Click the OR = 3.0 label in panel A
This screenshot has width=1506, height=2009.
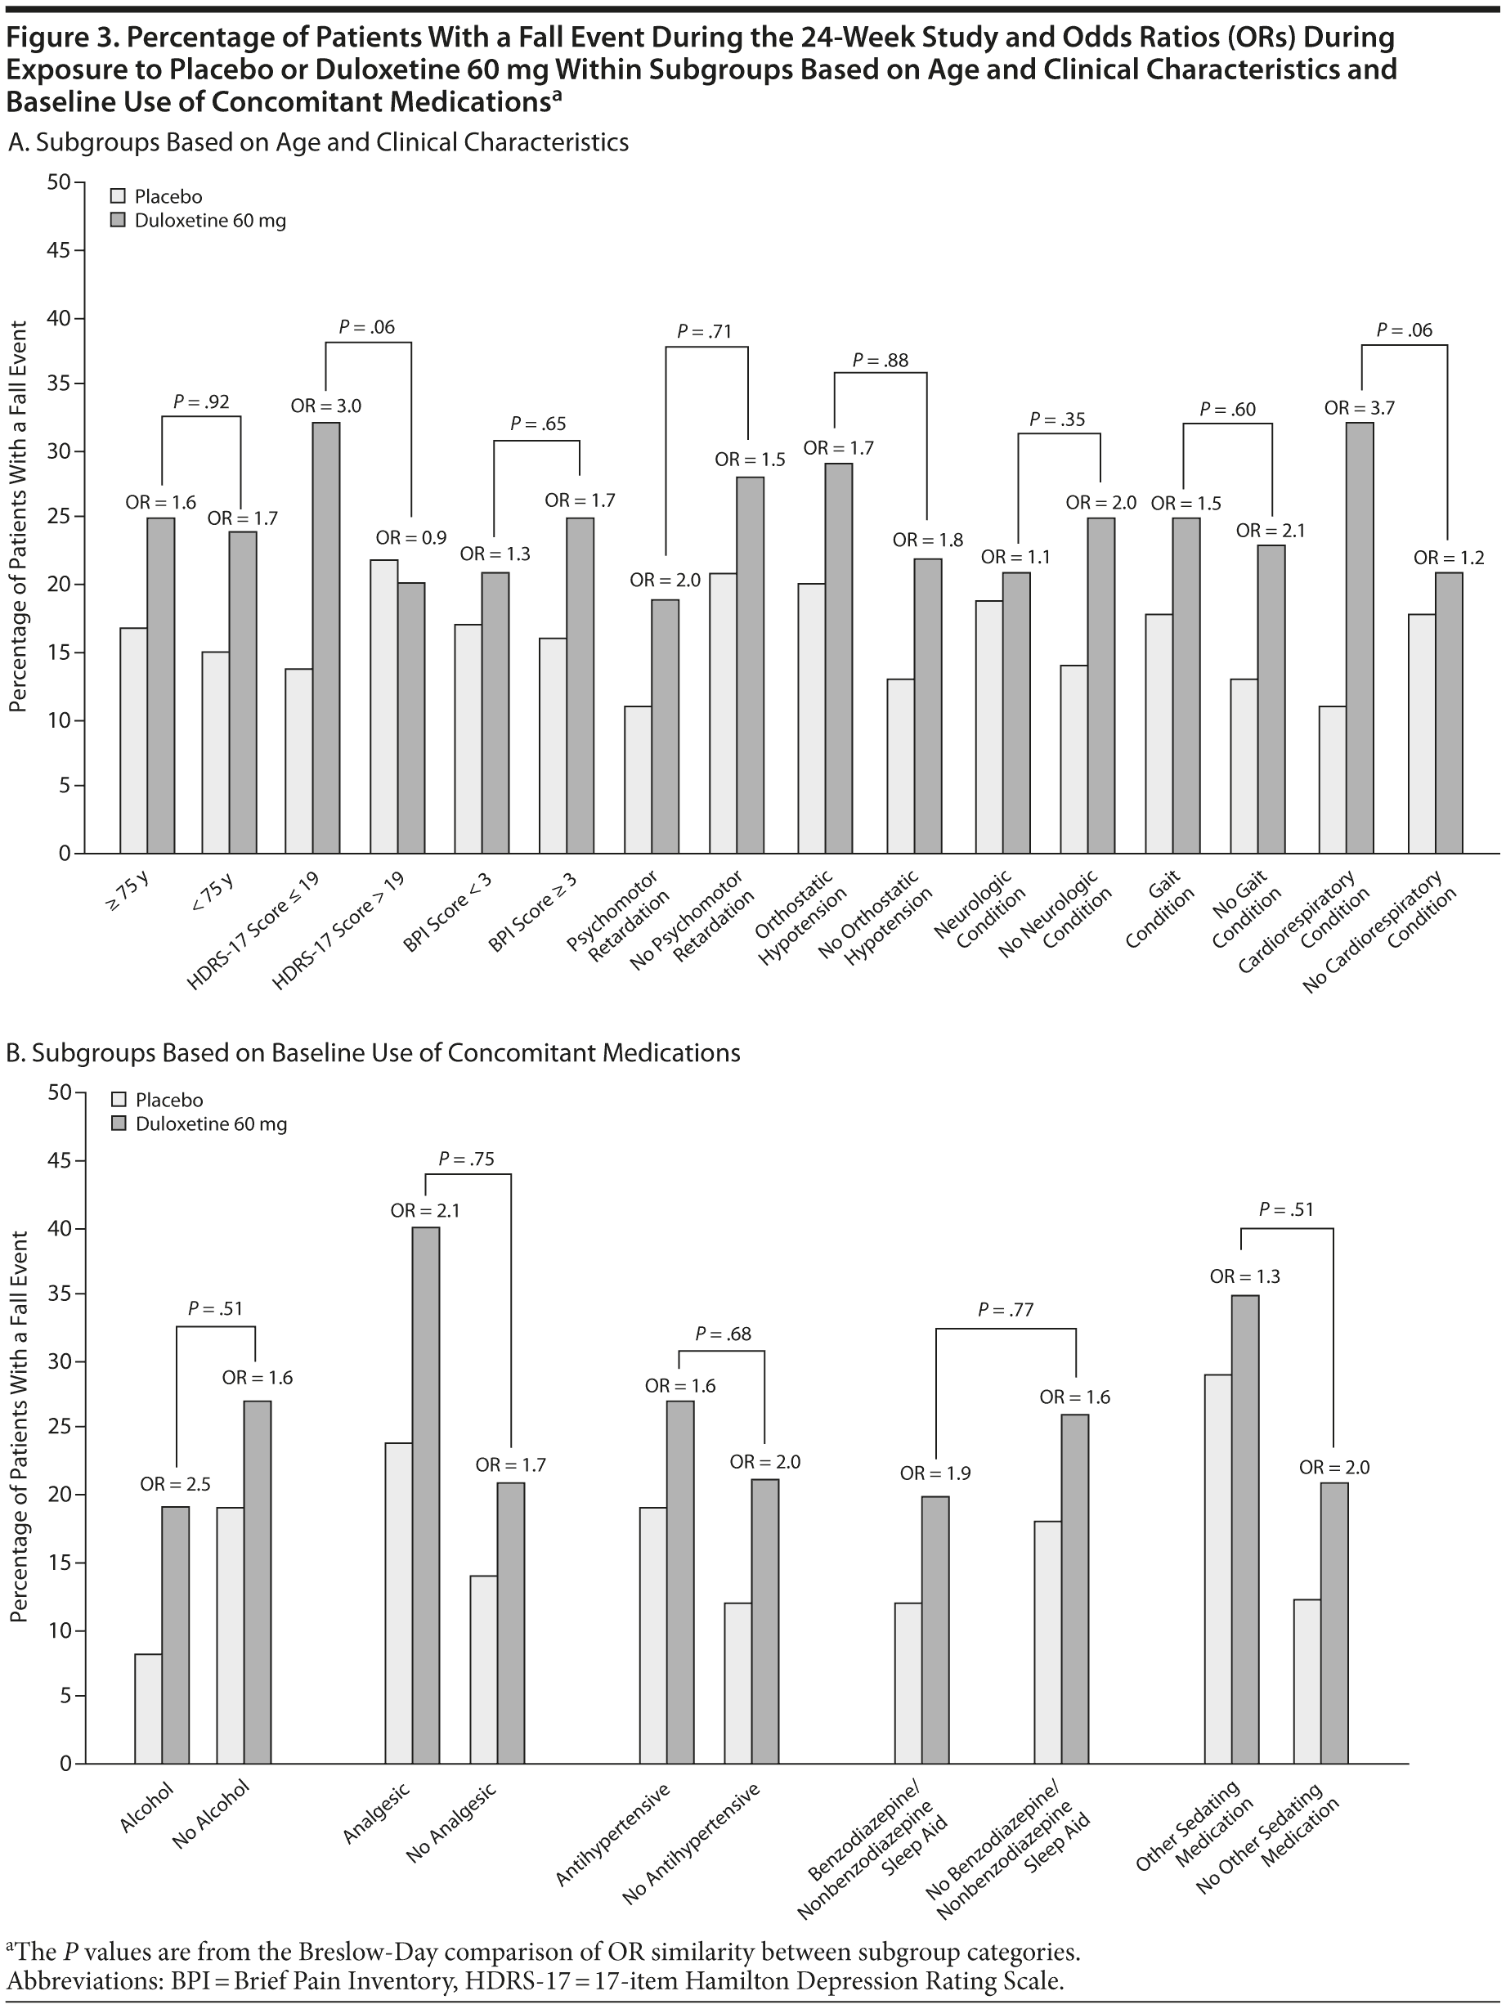click(x=325, y=407)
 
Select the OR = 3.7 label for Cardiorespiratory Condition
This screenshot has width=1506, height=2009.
click(x=1359, y=409)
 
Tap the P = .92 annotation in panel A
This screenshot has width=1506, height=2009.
click(x=201, y=401)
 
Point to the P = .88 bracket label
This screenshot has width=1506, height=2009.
click(x=881, y=361)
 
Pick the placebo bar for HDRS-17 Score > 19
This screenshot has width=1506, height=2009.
click(x=383, y=706)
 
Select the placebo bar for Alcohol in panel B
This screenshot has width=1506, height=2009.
click(x=148, y=1707)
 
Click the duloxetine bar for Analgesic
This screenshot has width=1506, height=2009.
click(x=426, y=1495)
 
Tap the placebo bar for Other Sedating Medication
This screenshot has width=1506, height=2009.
click(x=1218, y=1568)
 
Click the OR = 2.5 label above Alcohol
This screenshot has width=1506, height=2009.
click(x=175, y=1484)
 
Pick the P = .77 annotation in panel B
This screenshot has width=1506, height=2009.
click(x=1006, y=1310)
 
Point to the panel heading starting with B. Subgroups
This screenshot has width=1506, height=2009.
click(x=374, y=1052)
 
